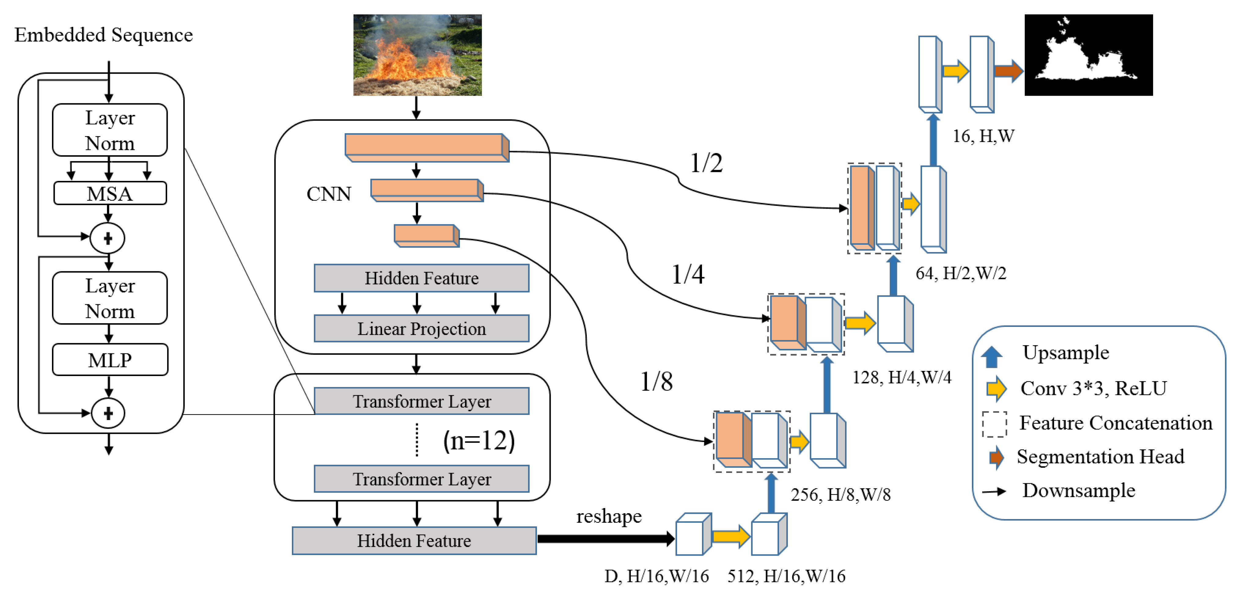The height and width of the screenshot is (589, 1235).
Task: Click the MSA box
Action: (110, 194)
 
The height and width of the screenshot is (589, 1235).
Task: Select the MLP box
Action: (110, 360)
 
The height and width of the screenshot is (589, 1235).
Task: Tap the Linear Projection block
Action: (421, 329)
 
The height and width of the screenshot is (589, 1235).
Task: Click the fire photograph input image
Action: (417, 55)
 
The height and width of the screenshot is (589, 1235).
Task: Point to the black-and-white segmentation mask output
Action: (1088, 55)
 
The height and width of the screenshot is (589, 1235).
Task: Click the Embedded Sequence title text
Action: (104, 35)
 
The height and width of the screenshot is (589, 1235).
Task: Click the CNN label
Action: (329, 194)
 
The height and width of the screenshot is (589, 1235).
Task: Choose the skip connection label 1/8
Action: (656, 382)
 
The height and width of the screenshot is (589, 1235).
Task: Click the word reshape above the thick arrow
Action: (608, 517)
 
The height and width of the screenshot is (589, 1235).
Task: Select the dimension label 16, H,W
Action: (983, 137)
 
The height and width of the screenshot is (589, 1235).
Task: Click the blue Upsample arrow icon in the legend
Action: (991, 357)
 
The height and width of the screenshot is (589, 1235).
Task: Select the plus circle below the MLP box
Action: (108, 413)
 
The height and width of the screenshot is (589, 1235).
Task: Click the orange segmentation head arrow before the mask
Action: (1008, 71)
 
